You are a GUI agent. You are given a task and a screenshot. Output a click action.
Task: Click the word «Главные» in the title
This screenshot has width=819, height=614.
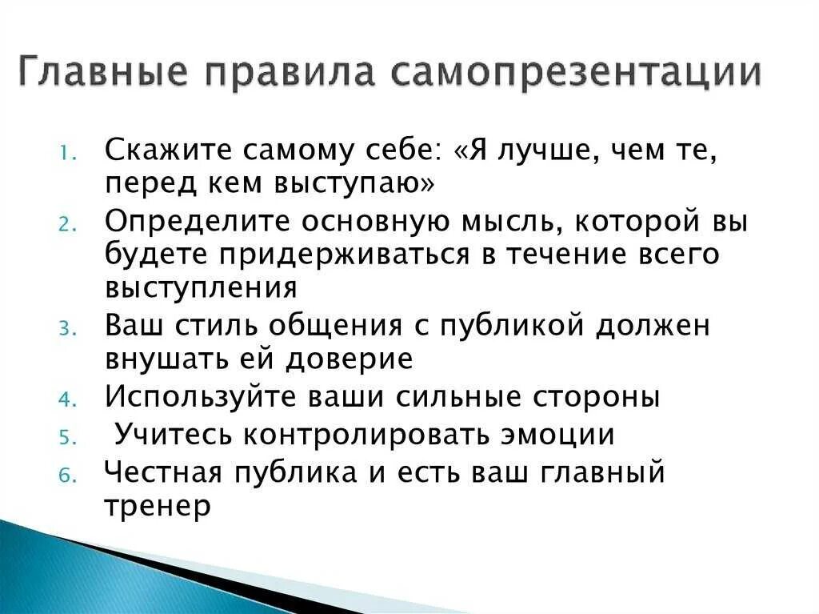(104, 74)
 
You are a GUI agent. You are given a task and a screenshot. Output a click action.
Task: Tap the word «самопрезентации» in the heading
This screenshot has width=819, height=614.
(576, 74)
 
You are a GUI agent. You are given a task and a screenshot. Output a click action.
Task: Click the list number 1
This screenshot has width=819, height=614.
(66, 155)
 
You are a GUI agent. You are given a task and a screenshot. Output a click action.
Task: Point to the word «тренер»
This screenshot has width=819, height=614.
(158, 506)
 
